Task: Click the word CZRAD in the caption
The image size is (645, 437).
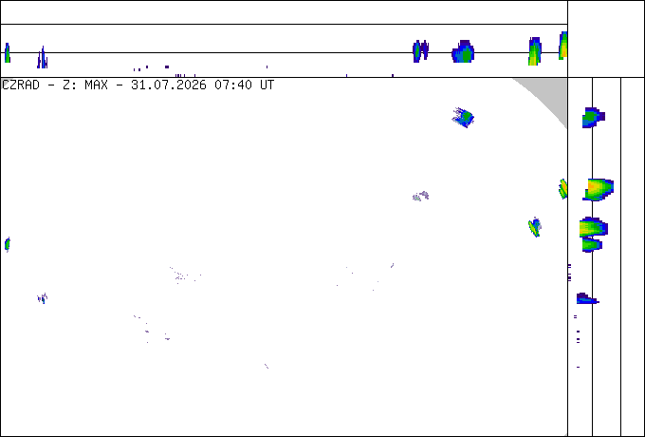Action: (21, 85)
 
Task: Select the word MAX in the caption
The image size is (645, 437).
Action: (96, 85)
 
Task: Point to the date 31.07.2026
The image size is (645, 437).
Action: (169, 85)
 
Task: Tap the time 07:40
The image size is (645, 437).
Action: (233, 85)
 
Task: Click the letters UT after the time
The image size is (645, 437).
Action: (267, 85)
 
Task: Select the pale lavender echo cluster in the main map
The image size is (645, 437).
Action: (421, 196)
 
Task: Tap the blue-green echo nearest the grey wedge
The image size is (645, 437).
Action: (463, 118)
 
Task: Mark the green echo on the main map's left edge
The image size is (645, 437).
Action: (8, 244)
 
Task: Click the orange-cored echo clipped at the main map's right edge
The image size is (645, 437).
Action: (563, 189)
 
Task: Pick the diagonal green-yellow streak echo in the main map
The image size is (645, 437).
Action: (534, 227)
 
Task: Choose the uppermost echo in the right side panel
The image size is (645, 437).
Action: (593, 118)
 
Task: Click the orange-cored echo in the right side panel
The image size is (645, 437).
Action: (599, 189)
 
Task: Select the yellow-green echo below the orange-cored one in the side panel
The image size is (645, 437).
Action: (594, 228)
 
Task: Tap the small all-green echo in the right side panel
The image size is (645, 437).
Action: (592, 245)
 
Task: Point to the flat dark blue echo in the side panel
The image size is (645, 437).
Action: (586, 298)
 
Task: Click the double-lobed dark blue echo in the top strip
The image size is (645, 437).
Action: (420, 51)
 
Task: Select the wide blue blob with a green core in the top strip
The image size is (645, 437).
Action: (463, 51)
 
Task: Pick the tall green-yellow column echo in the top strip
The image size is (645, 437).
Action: (535, 51)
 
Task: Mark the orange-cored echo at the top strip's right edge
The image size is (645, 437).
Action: (563, 46)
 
